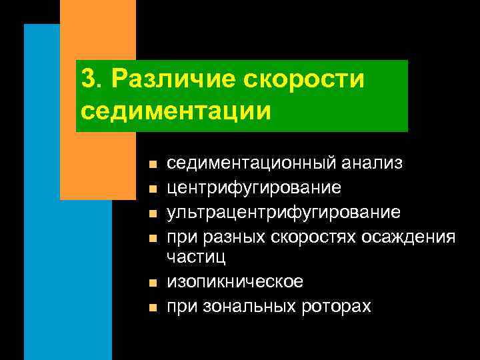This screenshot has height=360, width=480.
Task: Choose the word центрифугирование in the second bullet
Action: click(x=255, y=188)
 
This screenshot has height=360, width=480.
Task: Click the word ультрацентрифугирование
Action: click(x=283, y=213)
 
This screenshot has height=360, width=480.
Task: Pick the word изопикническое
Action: click(x=235, y=282)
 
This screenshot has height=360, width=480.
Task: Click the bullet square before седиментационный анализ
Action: click(x=152, y=164)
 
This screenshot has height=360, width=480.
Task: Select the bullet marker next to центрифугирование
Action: click(x=152, y=189)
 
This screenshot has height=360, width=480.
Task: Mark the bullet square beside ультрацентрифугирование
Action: click(x=152, y=214)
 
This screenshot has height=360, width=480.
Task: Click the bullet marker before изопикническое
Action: click(x=152, y=283)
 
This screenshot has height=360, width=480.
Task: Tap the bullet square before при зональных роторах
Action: click(x=152, y=307)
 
